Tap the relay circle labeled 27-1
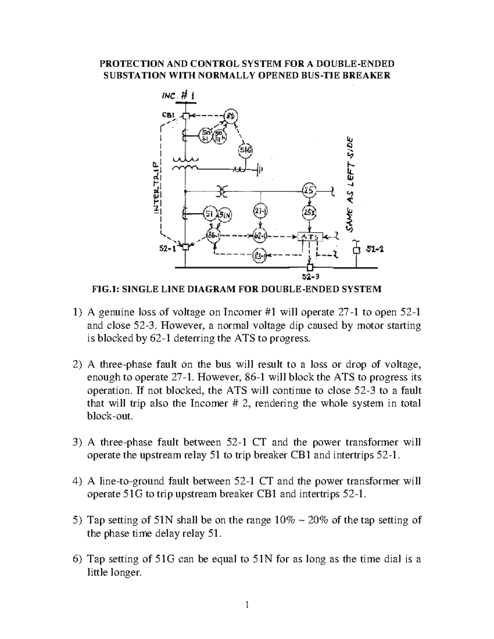(x=260, y=211)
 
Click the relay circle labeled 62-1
(x=260, y=236)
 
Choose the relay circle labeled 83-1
(x=259, y=255)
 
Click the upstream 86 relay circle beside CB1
(x=231, y=116)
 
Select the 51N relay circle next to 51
(x=225, y=214)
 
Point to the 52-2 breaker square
(x=357, y=251)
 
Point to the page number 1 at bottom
(x=247, y=604)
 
